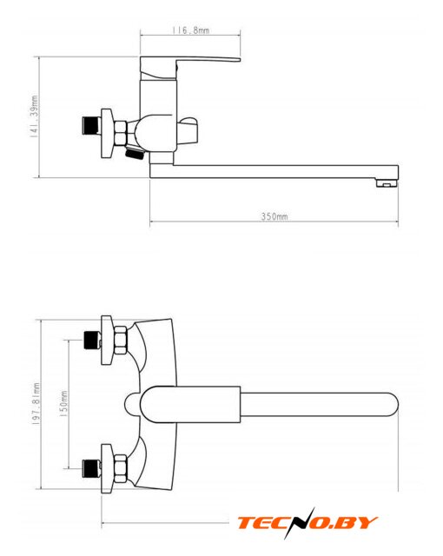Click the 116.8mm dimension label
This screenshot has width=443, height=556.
coord(191,30)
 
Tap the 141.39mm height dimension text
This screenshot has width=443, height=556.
coord(34,116)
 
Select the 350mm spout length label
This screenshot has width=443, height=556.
coord(274,216)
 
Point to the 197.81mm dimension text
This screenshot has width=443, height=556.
coord(36,404)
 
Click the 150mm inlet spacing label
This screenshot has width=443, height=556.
coord(63,403)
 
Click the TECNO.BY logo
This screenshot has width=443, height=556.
coord(307,523)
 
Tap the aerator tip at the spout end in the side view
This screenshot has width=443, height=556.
coord(387,183)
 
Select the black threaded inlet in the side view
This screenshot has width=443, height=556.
coord(91,126)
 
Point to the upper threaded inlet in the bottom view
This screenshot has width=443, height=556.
coord(92,341)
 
